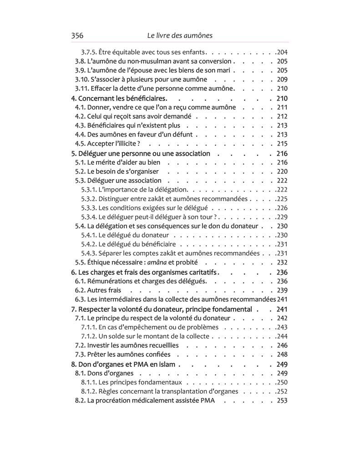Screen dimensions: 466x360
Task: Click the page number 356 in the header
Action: (77, 35)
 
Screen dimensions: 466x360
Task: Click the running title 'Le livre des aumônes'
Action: (180, 35)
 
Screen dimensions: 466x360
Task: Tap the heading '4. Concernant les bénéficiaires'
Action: (120, 98)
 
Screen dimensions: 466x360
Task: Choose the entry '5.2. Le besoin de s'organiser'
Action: (117, 172)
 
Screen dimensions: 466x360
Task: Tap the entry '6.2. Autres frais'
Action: (98, 290)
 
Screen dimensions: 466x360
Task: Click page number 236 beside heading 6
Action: (282, 272)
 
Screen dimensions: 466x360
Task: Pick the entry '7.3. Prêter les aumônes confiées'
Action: (122, 355)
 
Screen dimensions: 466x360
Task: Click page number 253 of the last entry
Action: (282, 400)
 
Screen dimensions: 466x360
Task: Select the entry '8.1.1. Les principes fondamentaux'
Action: (132, 382)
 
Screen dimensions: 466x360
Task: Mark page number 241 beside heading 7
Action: (282, 309)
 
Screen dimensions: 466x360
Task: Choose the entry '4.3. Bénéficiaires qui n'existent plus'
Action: (127, 126)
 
